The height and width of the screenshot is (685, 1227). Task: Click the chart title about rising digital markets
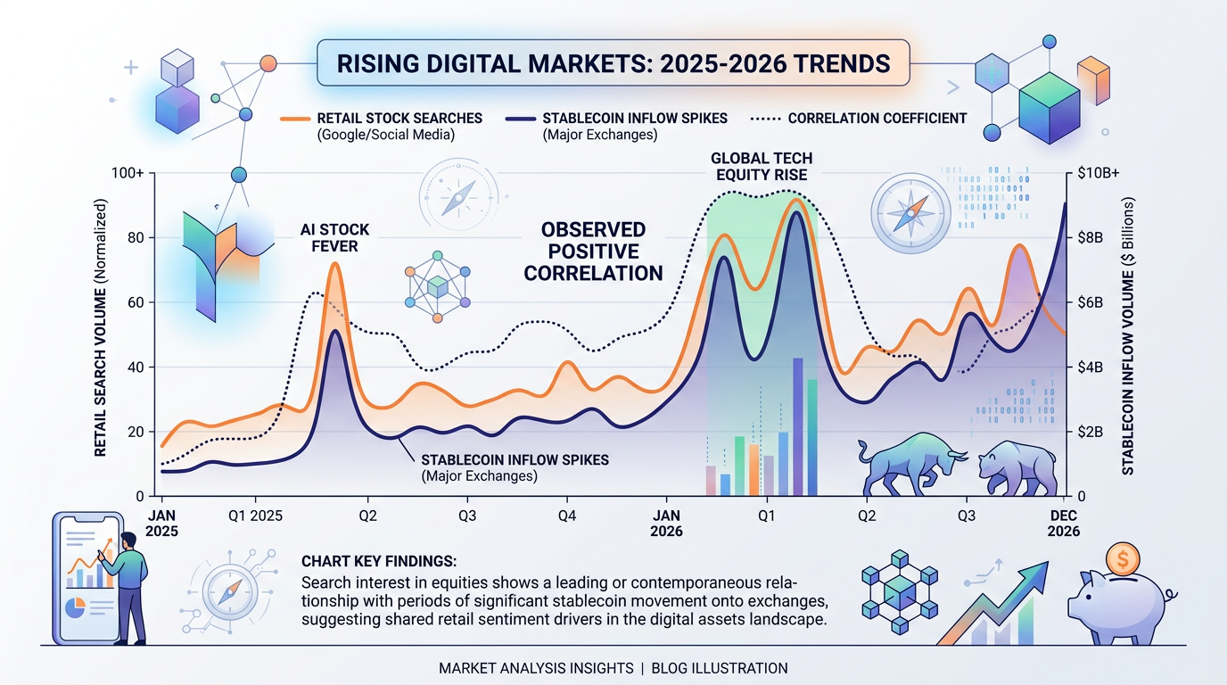[613, 64]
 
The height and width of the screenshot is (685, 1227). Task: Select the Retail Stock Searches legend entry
[393, 118]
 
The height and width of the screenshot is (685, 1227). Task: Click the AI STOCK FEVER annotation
[334, 238]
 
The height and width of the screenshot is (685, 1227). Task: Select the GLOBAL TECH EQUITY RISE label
[762, 166]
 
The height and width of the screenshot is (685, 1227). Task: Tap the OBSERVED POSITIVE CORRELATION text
[593, 251]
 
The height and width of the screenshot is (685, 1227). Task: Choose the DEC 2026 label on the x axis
[1064, 524]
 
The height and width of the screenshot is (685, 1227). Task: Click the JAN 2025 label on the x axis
[162, 524]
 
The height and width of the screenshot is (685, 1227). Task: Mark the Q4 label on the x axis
[567, 516]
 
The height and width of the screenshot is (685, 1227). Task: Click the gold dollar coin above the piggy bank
[1123, 561]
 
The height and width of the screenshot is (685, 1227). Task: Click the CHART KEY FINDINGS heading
[380, 562]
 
